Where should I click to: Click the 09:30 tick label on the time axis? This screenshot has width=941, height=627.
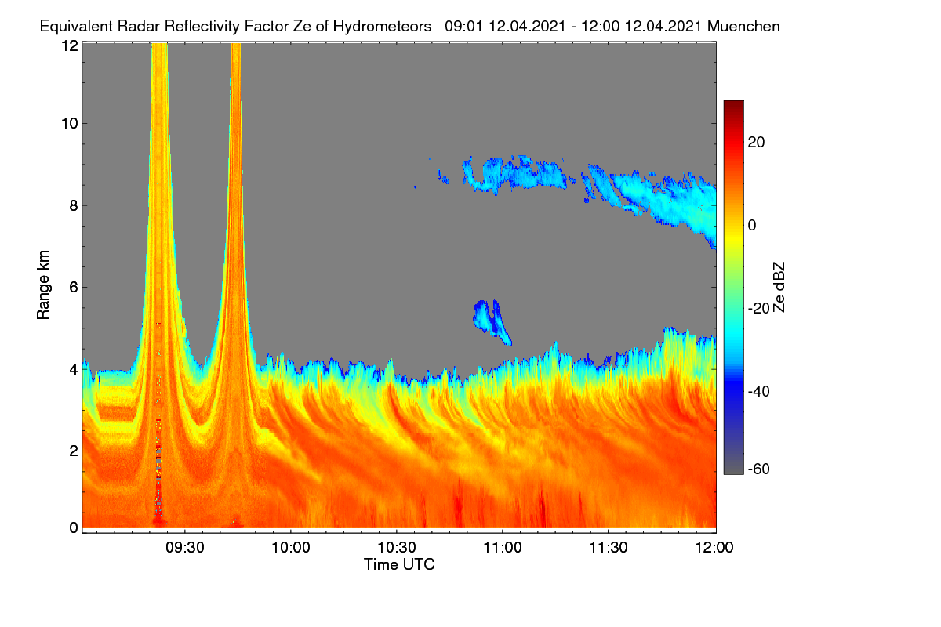(185, 547)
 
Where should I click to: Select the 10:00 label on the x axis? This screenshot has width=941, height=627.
(291, 547)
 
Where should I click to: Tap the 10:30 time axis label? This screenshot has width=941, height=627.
(397, 547)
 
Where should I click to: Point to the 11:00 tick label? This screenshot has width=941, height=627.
(503, 547)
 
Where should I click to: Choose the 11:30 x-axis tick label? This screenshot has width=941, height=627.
(609, 547)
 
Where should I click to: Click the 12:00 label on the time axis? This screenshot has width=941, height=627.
(714, 547)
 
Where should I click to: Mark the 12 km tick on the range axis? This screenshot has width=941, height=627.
(70, 45)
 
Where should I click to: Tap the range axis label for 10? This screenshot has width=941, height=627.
(70, 124)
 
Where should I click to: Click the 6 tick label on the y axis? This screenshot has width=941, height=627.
(74, 288)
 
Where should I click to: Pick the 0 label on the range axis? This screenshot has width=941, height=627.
(74, 527)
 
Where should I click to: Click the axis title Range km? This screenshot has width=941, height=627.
(43, 285)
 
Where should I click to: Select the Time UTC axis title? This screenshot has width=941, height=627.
(399, 564)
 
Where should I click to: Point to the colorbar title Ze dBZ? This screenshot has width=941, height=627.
(779, 288)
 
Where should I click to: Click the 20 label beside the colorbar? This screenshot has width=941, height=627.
(756, 143)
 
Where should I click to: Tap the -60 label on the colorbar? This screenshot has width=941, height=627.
(759, 469)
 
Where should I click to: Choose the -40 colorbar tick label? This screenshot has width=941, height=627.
(759, 391)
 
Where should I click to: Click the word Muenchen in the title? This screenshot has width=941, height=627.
(743, 26)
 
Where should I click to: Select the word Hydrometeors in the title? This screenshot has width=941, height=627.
(382, 27)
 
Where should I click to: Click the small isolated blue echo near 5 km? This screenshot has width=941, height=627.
(492, 321)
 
